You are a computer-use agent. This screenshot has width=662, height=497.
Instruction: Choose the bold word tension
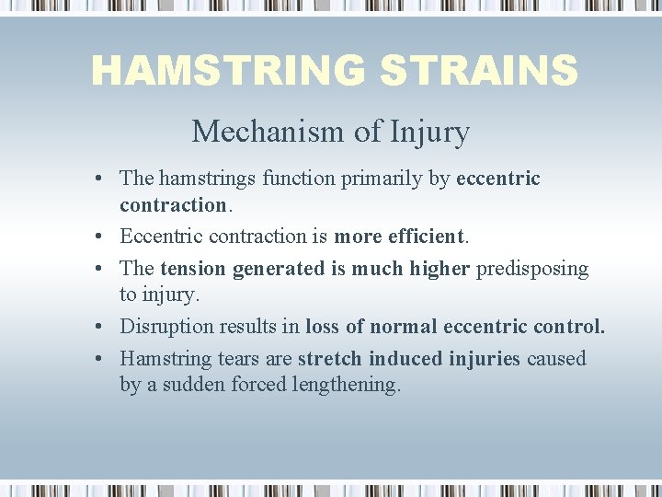coord(193,269)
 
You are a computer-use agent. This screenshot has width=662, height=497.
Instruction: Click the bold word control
coord(573,327)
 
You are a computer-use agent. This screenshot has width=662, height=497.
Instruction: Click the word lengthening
coord(347,385)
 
